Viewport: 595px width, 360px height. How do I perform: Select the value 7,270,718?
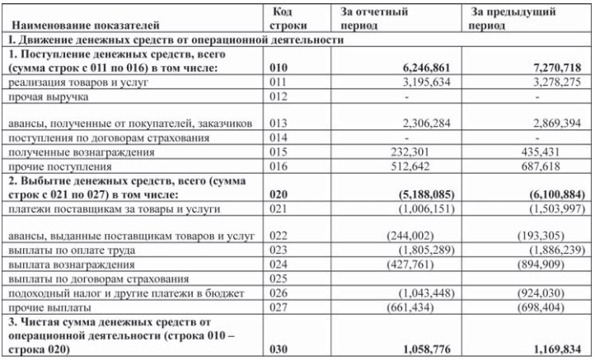tap(557, 68)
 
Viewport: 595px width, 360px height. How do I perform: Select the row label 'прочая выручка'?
tap(45, 96)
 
